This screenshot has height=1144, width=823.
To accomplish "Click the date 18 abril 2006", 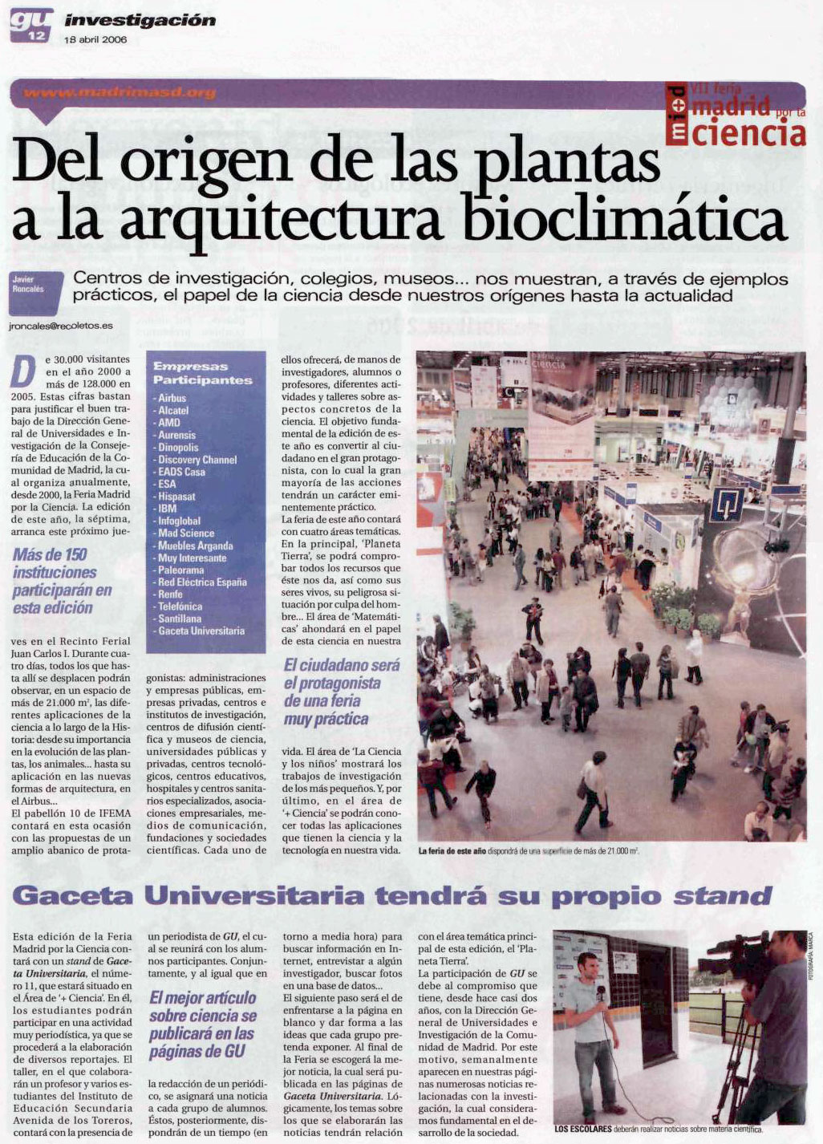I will [95, 39].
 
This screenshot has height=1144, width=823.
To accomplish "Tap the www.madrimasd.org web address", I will [120, 92].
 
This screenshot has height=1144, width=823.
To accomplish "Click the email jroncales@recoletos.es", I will [60, 327].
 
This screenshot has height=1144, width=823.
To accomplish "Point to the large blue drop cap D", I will [24, 371].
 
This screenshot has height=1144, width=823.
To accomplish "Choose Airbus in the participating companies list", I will [172, 398].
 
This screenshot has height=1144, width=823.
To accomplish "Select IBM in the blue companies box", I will [167, 509].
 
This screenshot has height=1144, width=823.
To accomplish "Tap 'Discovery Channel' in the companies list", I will [197, 460].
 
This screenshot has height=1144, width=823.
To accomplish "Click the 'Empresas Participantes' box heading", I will [202, 373].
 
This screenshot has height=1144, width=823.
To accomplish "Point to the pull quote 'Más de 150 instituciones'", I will [62, 581].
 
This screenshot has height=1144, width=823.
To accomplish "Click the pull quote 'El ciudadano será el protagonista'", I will [341, 692].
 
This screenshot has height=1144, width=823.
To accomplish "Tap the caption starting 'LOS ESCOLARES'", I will [658, 1129].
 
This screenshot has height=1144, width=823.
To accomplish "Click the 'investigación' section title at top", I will [140, 20].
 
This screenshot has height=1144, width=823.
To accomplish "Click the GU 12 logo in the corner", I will [31, 24].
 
